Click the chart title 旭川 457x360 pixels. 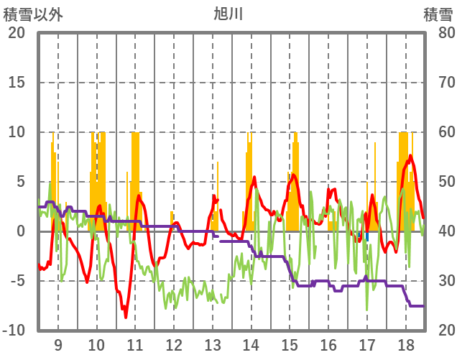tap(228, 14)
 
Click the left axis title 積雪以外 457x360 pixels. tap(32, 14)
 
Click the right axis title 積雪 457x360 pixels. tap(437, 14)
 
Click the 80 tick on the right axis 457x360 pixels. tap(438, 33)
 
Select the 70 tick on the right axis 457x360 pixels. tap(438, 83)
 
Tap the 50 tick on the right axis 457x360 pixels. tap(438, 182)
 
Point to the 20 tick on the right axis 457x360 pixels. tap(438, 331)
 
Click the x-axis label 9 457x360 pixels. tap(57, 344)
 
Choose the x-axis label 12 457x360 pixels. tap(174, 344)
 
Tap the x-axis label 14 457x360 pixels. tap(251, 344)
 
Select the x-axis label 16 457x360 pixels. tap(328, 344)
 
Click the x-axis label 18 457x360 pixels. tap(405, 344)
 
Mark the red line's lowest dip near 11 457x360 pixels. tap(125, 317)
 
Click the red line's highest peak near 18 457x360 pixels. tap(410, 155)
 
